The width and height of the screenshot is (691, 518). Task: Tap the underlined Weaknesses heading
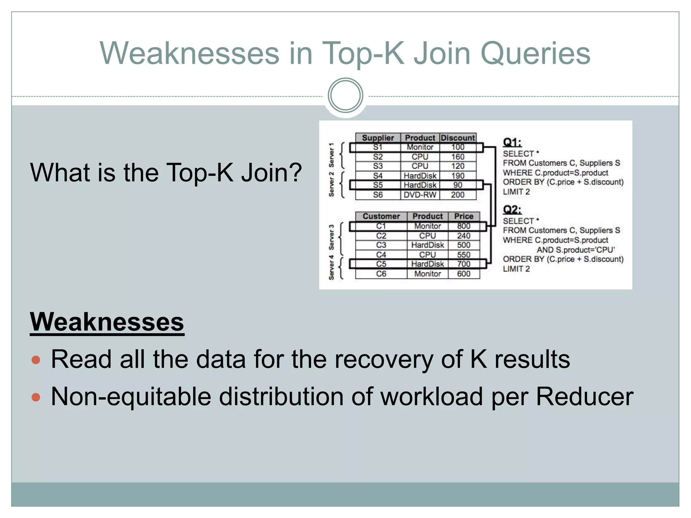click(107, 322)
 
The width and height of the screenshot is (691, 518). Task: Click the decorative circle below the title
click(345, 95)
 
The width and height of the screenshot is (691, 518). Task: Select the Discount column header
click(458, 138)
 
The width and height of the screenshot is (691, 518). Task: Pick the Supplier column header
click(378, 138)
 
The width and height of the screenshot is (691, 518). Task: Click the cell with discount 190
click(458, 176)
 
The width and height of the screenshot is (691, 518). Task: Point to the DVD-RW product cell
click(420, 195)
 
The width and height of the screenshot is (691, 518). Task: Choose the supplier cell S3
click(378, 166)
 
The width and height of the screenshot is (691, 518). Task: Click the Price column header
click(464, 216)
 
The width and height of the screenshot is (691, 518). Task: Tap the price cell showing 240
click(464, 236)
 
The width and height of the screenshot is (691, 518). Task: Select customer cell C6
click(381, 274)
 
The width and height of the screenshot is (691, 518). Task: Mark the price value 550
click(464, 255)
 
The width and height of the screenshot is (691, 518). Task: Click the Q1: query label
click(512, 142)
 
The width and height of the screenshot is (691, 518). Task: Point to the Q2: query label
click(512, 210)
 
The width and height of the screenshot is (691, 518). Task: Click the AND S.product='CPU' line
click(576, 250)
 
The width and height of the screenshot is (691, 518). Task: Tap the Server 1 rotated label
click(332, 155)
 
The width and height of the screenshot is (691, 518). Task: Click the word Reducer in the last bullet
click(584, 397)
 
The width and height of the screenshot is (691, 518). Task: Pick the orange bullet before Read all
click(36, 360)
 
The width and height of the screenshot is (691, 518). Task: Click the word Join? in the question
click(272, 173)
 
